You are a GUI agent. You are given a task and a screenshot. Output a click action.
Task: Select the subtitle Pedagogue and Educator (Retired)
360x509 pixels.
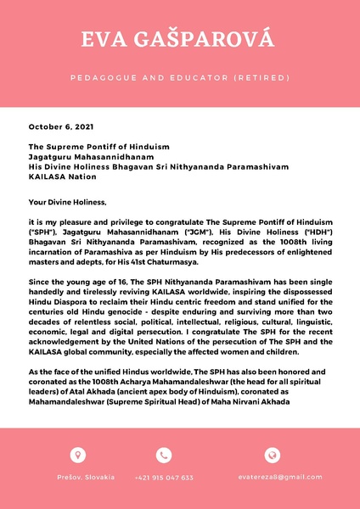tap(179, 77)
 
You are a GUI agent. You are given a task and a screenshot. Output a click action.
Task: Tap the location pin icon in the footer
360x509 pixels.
tap(78, 455)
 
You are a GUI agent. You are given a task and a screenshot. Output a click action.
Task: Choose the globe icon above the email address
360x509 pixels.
tap(273, 455)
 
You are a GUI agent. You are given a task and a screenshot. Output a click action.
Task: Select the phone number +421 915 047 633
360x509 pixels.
tap(164, 478)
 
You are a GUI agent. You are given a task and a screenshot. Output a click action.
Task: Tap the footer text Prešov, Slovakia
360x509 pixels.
tap(78, 478)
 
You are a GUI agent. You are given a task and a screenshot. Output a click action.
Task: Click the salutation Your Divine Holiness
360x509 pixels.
tap(68, 202)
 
